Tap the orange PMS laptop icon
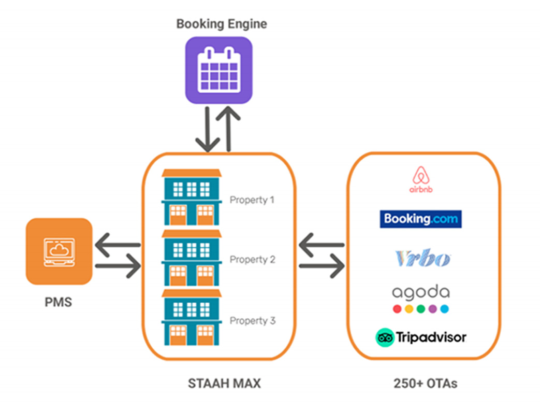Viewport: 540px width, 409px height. (59, 251)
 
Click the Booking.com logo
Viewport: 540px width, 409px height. (420, 219)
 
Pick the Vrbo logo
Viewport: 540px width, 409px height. (422, 258)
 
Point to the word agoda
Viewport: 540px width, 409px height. (421, 293)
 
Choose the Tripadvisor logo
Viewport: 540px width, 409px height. (421, 337)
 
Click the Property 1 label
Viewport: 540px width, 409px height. (252, 200)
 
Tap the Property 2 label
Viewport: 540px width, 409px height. (252, 259)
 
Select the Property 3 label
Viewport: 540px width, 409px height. (252, 321)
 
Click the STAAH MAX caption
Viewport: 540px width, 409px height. (224, 384)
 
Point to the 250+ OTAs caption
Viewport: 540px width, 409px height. (425, 384)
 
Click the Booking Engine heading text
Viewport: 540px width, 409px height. (222, 24)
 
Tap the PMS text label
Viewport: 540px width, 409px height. (58, 301)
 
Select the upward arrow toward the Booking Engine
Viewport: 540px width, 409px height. (228, 130)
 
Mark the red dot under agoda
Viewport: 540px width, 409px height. (397, 309)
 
